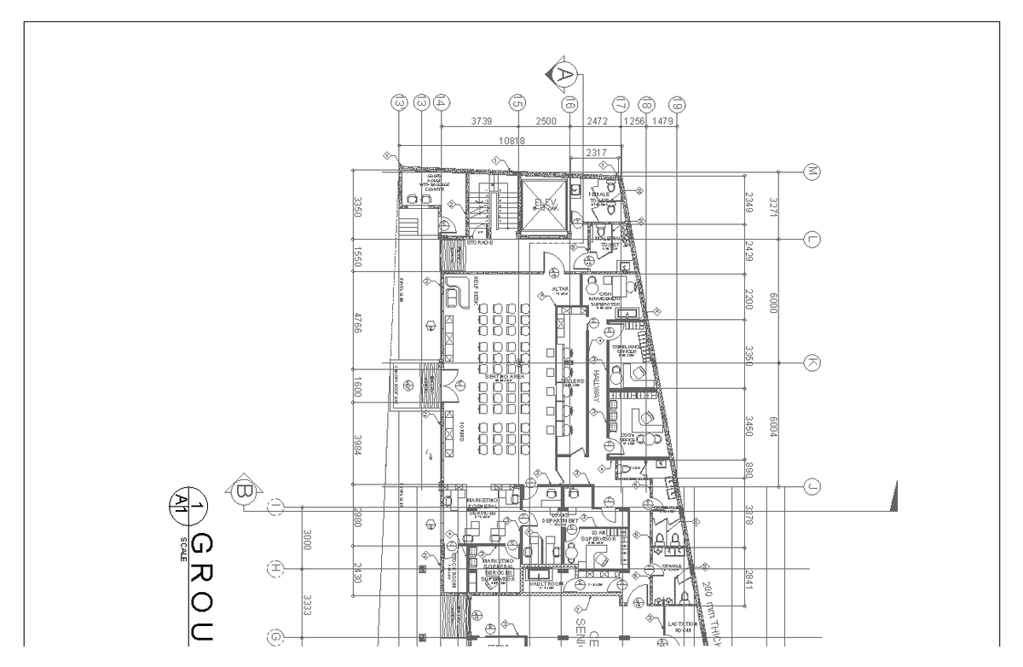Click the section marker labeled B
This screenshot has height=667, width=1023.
point(242,490)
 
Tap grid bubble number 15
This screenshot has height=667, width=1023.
point(517,102)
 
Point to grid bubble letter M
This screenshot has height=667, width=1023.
point(812,171)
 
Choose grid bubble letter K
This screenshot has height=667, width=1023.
point(812,363)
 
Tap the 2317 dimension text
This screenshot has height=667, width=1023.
point(597,153)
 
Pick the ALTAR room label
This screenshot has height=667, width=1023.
point(560,289)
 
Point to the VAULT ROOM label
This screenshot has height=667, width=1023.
point(545,584)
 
